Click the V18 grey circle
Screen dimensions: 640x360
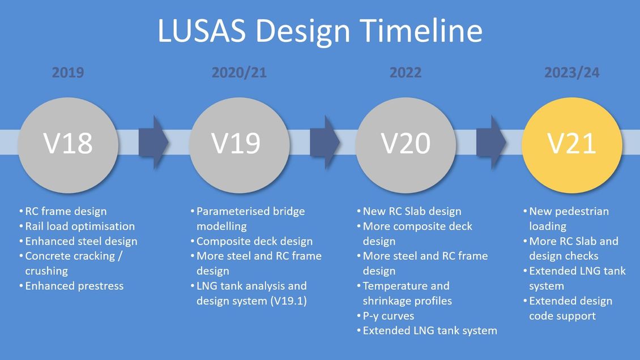pos(68,145)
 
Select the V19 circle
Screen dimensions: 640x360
pos(239,145)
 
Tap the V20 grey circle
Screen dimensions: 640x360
pos(406,145)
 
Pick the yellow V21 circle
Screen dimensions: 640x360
pos(572,145)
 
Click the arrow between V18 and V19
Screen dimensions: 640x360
pos(153,142)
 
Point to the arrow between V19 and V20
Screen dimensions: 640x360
pos(325,142)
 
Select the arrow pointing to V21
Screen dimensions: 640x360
pos(492,142)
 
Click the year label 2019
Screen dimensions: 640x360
pos(68,72)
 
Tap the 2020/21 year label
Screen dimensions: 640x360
pos(239,72)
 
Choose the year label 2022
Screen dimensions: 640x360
pos(406,72)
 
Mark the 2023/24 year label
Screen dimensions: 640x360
pos(572,72)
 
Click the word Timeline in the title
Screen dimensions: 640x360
pos(421,30)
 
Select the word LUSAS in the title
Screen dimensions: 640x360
pos(202,31)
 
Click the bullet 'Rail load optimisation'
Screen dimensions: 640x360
pos(80,226)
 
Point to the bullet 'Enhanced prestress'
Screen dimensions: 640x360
pos(74,286)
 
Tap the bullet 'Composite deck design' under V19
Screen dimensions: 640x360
pos(255,241)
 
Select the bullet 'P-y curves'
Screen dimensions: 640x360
pos(389,316)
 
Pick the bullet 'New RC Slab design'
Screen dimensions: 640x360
pos(412,211)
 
